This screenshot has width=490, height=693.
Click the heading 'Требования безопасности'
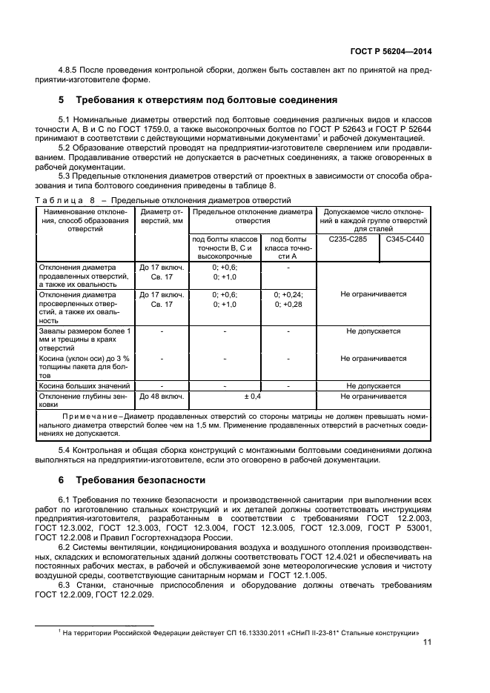[x=136, y=480]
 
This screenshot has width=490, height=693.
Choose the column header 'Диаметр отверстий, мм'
[x=161, y=216]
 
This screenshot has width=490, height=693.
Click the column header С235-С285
[x=347, y=240]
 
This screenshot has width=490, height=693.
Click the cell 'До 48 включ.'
[x=161, y=397]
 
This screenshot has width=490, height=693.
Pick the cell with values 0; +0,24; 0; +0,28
[x=288, y=299]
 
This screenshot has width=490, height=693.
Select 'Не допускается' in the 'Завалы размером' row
[x=373, y=331]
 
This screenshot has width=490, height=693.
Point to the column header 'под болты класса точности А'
[x=288, y=248]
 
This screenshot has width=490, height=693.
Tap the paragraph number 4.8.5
[x=70, y=70]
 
